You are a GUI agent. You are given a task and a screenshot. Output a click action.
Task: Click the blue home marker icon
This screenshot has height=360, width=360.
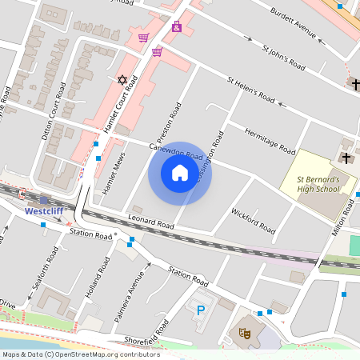(180, 173)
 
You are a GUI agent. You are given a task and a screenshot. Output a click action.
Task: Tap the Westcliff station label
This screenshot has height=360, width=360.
(44, 211)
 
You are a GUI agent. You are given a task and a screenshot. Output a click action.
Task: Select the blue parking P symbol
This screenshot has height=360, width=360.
(200, 309)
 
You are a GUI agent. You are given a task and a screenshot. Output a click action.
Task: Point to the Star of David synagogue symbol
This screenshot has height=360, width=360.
(122, 80)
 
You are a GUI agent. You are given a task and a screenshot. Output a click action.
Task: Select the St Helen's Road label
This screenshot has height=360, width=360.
(251, 91)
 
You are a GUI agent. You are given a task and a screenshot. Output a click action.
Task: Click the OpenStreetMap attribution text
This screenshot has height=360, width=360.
(80, 354)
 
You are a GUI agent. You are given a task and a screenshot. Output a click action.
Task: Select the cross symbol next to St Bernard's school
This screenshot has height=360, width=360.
(346, 158)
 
